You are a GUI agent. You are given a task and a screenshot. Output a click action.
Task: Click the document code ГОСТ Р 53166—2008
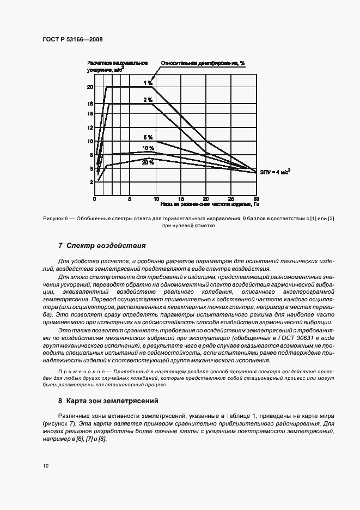(72, 40)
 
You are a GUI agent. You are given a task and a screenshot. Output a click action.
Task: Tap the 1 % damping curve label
(148, 82)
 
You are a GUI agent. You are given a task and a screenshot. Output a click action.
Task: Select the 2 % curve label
(148, 100)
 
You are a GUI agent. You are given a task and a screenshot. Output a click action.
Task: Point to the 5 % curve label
(148, 138)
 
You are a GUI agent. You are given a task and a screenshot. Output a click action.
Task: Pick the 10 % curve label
(148, 148)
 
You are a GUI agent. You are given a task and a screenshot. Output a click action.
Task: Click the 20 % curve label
(148, 162)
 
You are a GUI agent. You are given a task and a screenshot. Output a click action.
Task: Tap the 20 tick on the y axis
(90, 87)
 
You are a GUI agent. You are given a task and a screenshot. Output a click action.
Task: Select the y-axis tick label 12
(90, 127)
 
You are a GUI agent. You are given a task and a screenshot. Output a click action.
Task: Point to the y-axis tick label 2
(91, 182)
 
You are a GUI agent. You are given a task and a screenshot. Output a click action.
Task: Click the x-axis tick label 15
(181, 199)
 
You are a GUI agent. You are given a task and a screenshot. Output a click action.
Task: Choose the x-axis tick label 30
(256, 199)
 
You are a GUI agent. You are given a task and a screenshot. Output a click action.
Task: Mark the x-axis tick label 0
(94, 199)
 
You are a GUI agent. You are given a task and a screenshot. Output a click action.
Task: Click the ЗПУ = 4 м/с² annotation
(275, 172)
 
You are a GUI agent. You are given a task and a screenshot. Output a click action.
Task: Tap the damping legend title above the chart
(202, 63)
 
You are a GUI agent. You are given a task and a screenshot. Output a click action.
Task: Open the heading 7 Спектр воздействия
(102, 245)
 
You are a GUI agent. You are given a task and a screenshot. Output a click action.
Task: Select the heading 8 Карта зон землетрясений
(108, 400)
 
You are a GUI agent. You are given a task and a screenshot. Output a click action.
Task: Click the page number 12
(45, 465)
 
